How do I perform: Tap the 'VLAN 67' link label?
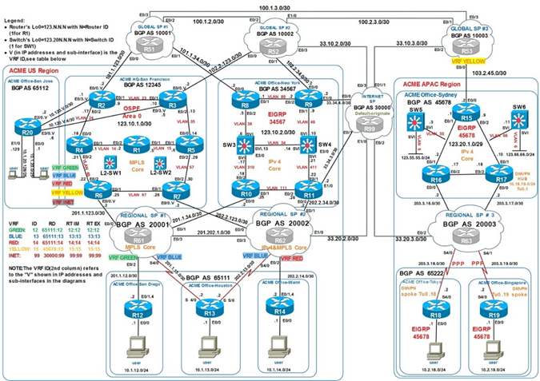tap(138, 194)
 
